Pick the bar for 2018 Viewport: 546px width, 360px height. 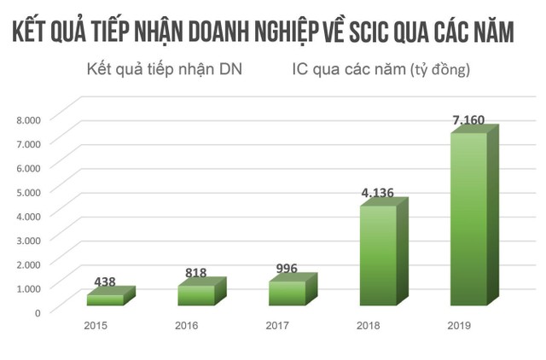point(377,254)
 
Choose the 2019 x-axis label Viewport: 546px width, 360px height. point(459,326)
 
